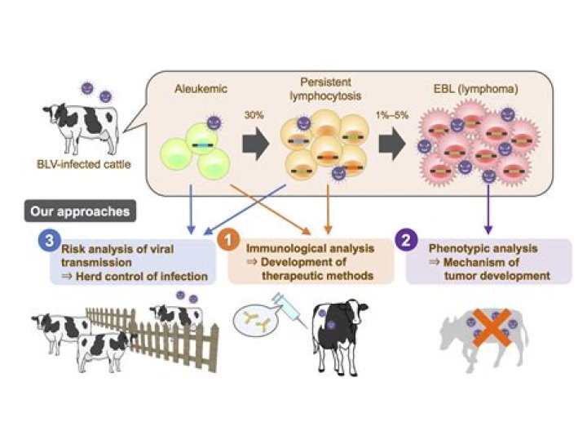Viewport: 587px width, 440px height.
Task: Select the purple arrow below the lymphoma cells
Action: [488, 207]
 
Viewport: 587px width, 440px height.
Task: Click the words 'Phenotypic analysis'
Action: [473, 246]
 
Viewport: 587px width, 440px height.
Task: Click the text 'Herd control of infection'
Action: [139, 276]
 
